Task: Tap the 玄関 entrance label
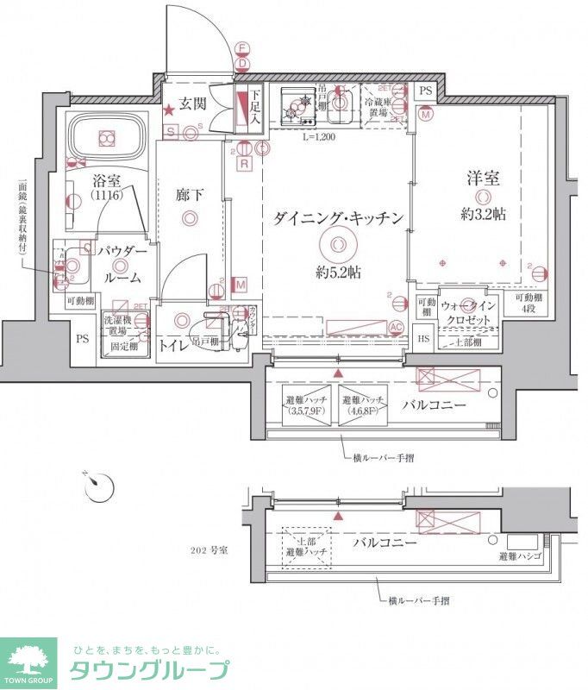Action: coord(193,106)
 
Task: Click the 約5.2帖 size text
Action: coord(337,273)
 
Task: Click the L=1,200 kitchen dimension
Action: coord(318,136)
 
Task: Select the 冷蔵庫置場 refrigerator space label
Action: coord(378,103)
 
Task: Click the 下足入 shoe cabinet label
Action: coord(254,109)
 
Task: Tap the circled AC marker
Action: coord(397,326)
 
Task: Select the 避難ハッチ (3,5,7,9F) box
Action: coord(304,405)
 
